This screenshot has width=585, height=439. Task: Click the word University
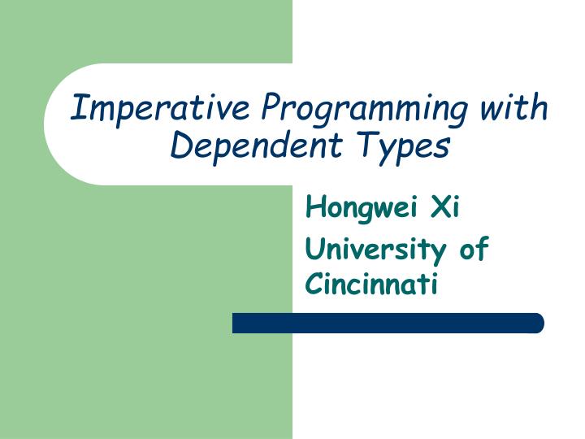pos(375,250)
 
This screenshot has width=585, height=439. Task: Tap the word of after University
pos(474,248)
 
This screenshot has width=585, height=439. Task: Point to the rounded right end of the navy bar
pos(537,323)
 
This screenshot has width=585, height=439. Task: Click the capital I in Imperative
pos(80,106)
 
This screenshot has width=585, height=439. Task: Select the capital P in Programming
pos(271,106)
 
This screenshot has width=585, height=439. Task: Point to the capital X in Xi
pos(440,208)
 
